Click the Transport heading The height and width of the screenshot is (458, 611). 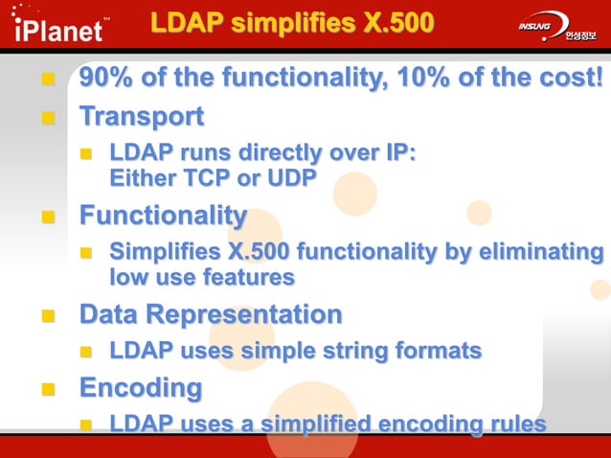pyautogui.click(x=141, y=117)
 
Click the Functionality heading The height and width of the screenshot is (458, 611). pyautogui.click(x=162, y=216)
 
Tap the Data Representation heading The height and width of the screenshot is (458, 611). pyautogui.click(x=210, y=314)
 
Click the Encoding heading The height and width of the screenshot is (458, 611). pyautogui.click(x=140, y=388)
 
